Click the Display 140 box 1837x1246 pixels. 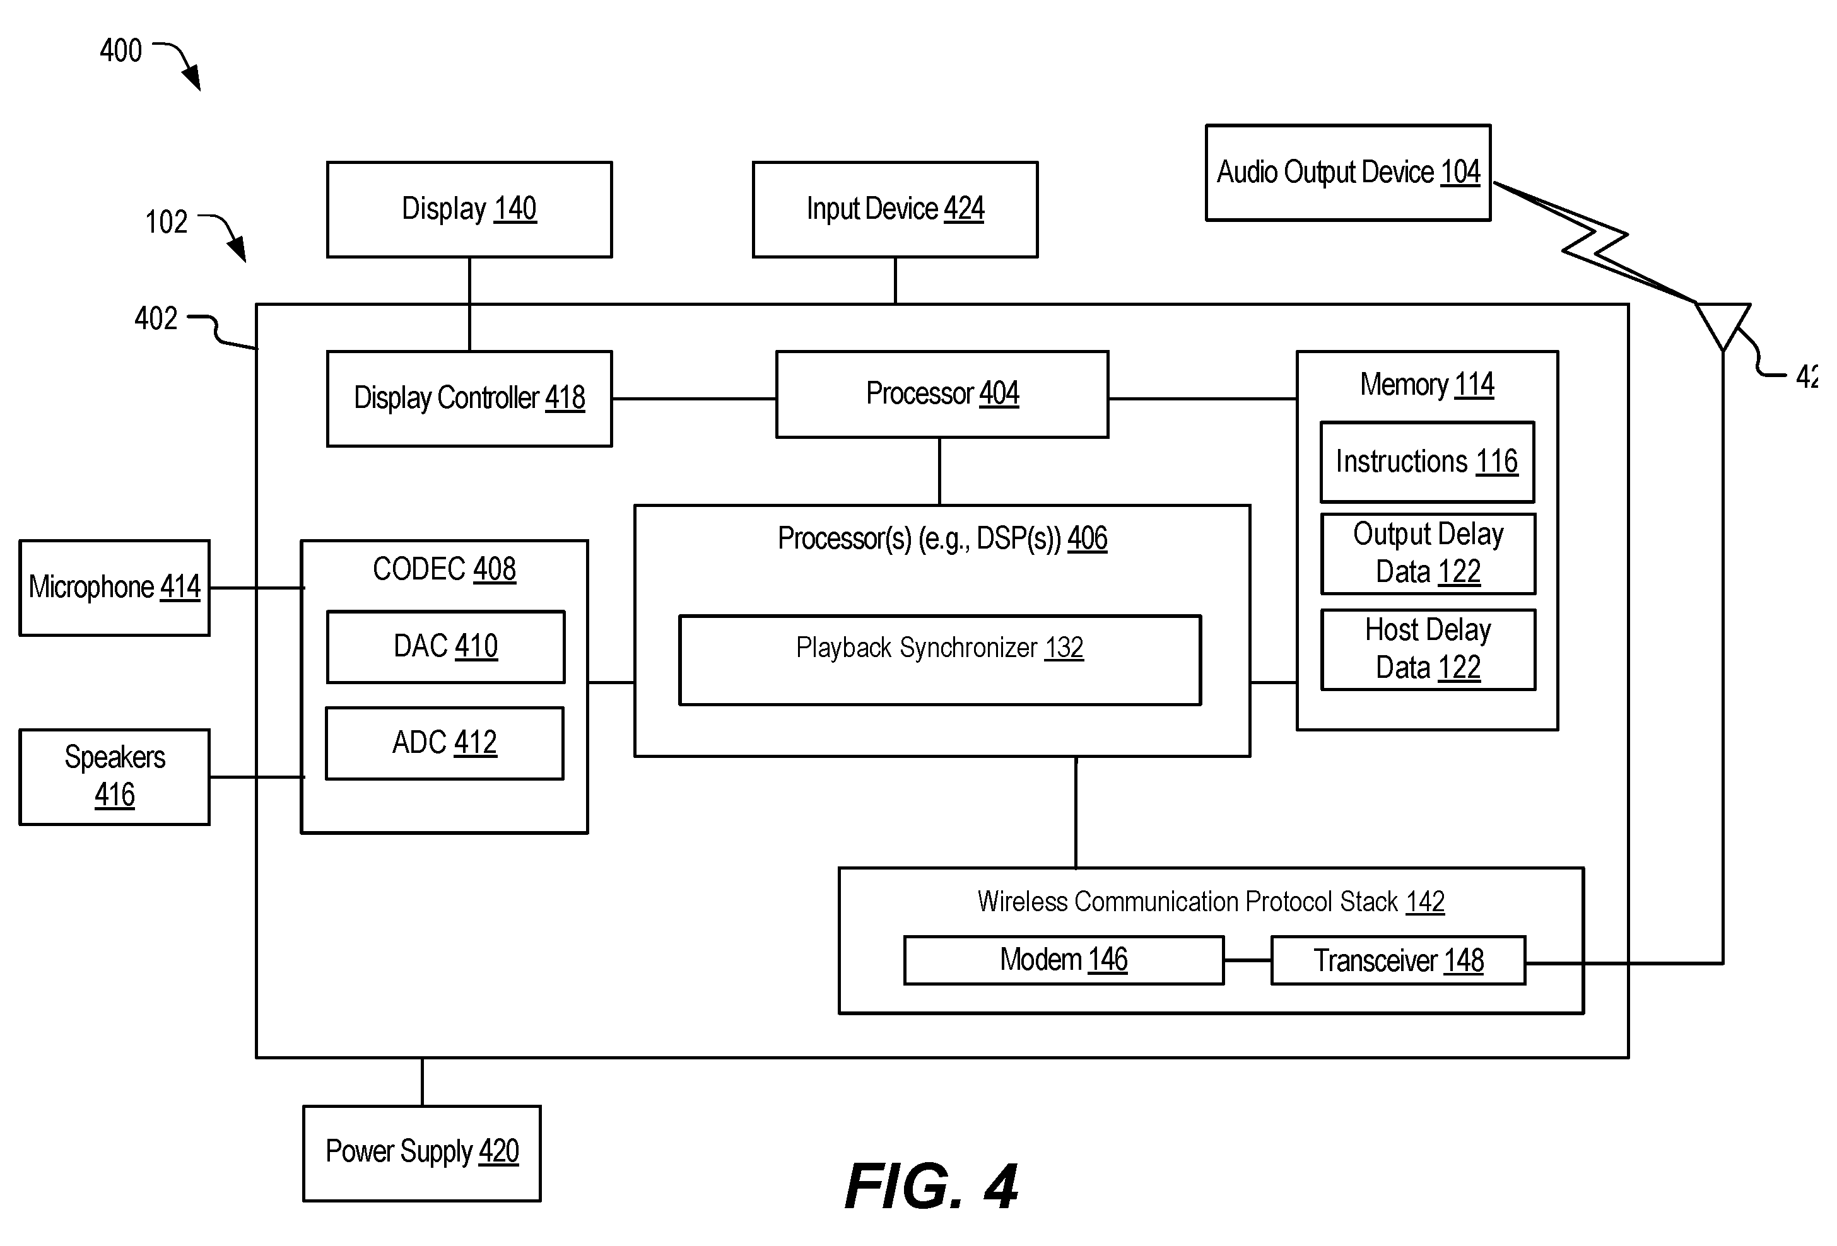tap(469, 209)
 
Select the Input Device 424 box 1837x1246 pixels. tap(895, 209)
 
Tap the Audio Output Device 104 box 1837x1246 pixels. tap(1347, 172)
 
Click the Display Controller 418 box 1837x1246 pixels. tap(469, 399)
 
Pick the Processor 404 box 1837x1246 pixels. tap(942, 394)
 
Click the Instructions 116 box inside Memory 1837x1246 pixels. tap(1427, 462)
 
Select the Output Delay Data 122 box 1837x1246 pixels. tap(1428, 553)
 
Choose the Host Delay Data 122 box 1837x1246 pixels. tap(1428, 649)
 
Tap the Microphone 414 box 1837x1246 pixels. tap(115, 587)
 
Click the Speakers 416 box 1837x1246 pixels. tap(115, 777)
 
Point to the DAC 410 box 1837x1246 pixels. tap(446, 646)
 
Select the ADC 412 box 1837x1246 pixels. tap(445, 743)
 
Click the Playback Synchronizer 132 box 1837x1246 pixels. tap(940, 660)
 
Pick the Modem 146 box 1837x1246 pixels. tap(1064, 960)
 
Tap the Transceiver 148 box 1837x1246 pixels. tap(1397, 960)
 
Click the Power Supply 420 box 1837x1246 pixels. tap(422, 1153)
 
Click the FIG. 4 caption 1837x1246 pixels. tap(931, 1186)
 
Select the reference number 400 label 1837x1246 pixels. tap(121, 50)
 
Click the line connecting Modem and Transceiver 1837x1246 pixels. tap(1247, 960)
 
